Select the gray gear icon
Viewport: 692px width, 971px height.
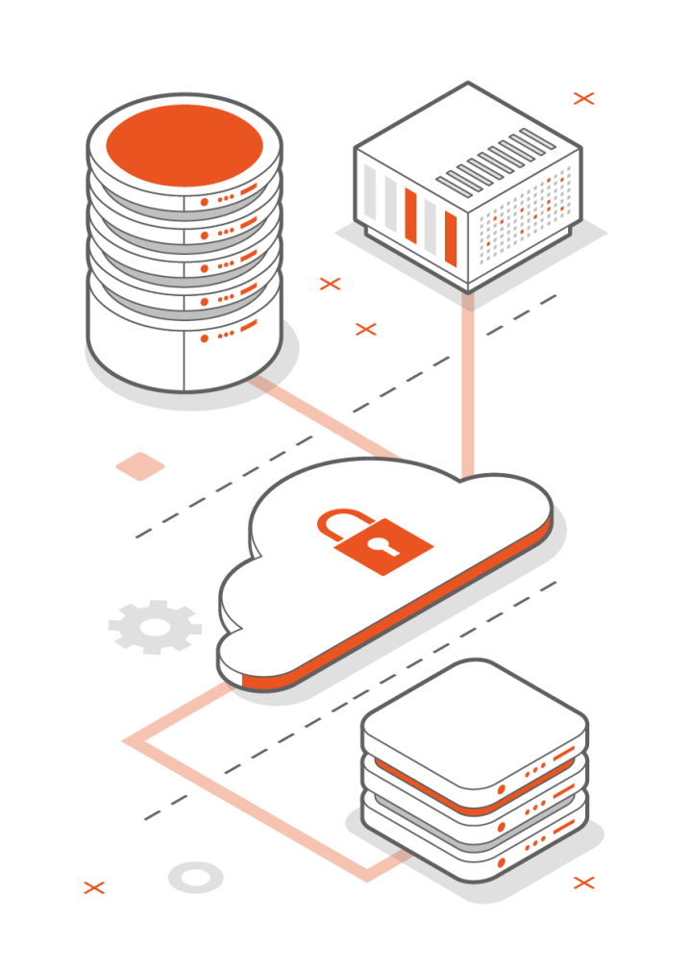(x=155, y=628)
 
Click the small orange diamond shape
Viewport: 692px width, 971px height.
(x=140, y=466)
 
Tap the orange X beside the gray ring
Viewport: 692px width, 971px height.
(x=94, y=886)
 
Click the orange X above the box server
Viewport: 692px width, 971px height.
(x=583, y=97)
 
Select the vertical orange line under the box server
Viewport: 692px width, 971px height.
(x=468, y=385)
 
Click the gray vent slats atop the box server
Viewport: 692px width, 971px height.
(x=496, y=159)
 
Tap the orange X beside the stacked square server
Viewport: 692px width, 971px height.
(x=583, y=883)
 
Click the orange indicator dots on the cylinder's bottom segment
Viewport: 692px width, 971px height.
(x=227, y=336)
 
